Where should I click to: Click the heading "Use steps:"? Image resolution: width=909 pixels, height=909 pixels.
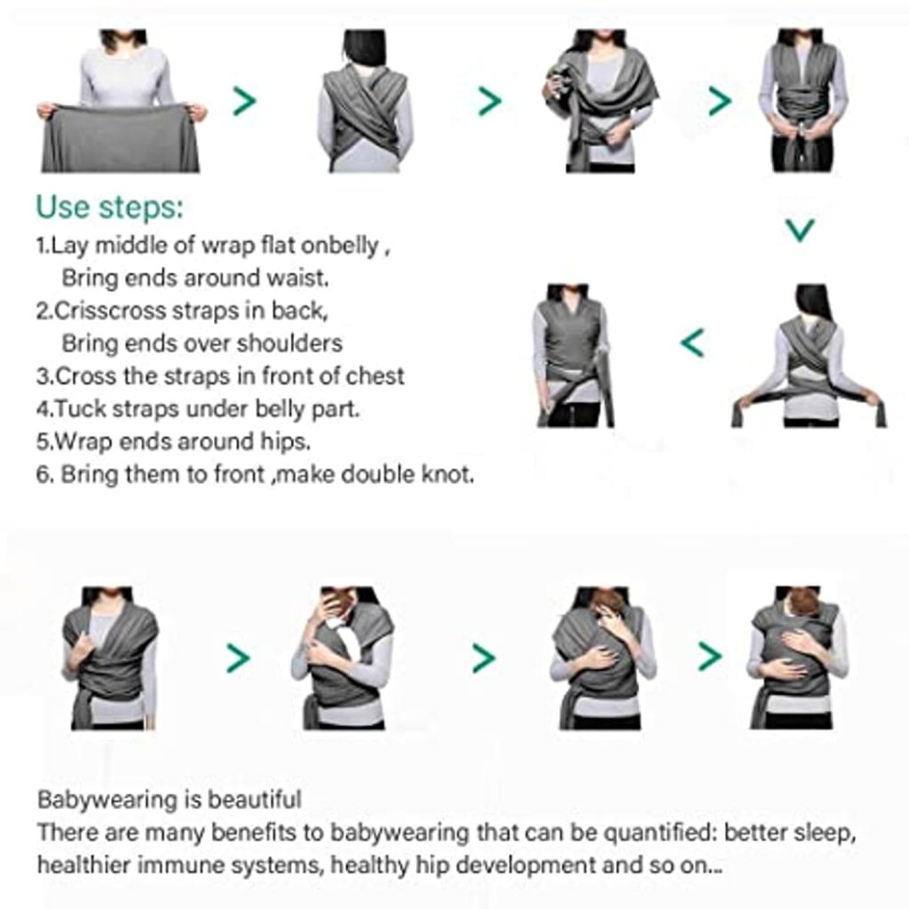(x=109, y=208)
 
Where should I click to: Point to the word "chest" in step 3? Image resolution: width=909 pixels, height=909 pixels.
(x=375, y=376)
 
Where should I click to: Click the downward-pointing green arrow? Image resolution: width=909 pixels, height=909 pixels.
(x=800, y=230)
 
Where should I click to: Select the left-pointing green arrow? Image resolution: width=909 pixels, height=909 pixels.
(x=692, y=342)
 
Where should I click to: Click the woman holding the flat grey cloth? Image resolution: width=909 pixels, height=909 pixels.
(x=121, y=101)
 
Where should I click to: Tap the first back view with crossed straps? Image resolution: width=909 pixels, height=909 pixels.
(x=365, y=101)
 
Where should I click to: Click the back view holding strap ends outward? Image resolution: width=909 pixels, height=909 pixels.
(x=809, y=355)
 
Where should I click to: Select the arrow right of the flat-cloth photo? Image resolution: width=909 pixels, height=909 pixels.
(x=244, y=101)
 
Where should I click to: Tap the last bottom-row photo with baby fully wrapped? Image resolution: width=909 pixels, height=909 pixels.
(x=797, y=657)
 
